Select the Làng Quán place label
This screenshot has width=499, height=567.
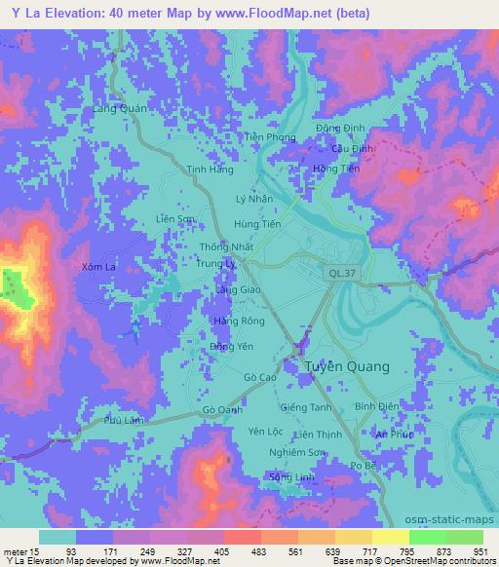[119, 109]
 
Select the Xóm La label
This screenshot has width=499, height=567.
[100, 265]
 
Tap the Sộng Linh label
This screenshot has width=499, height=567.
[288, 476]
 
